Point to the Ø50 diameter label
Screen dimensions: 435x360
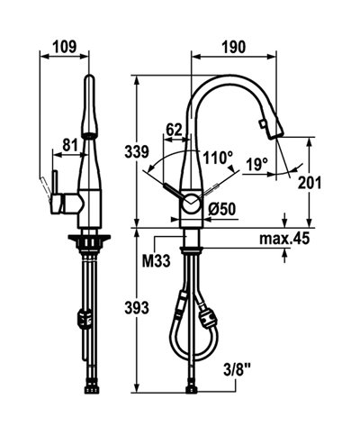pos(222,210)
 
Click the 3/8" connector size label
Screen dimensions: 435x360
pos(237,368)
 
